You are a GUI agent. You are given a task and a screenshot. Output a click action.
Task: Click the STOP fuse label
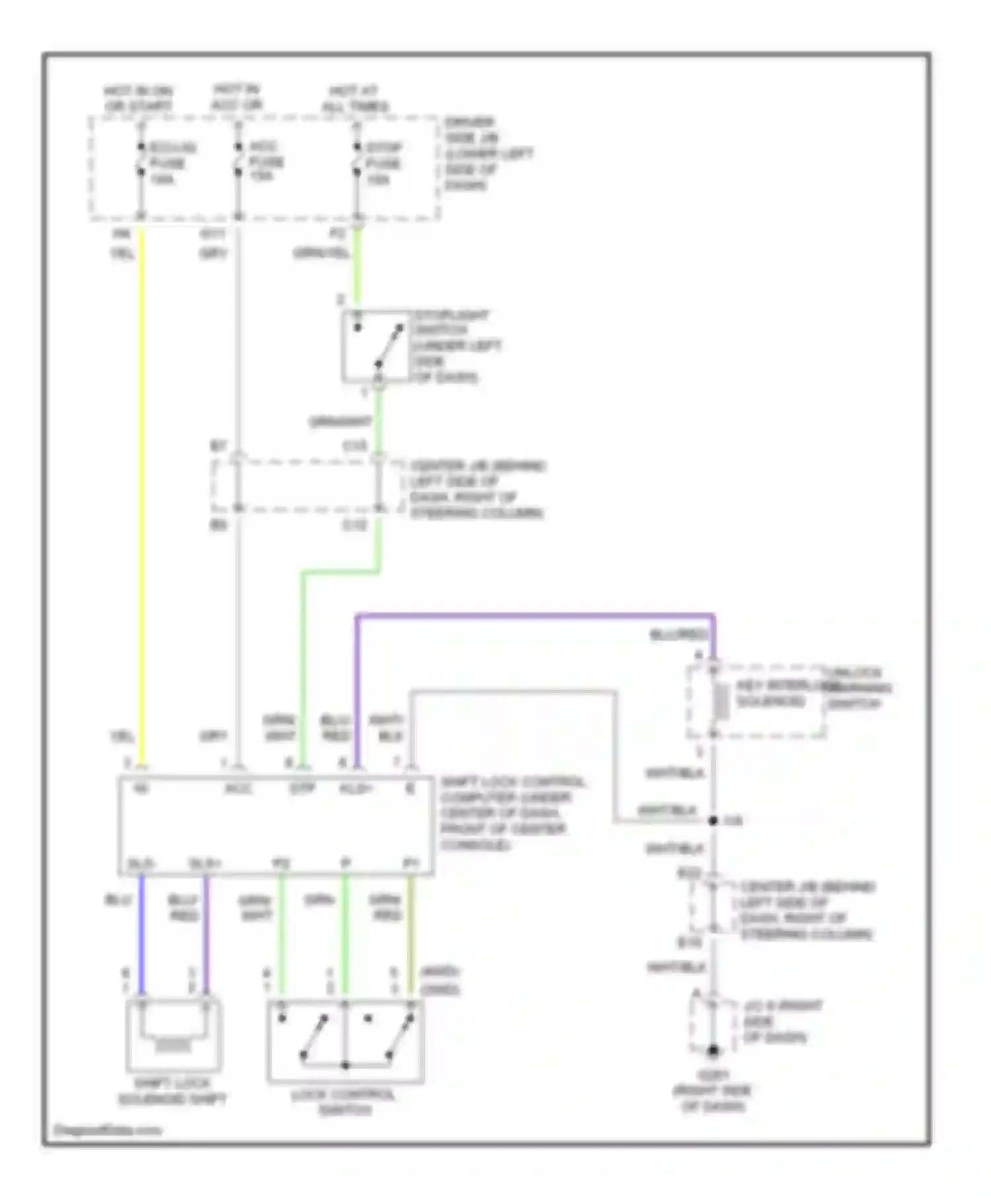(x=383, y=163)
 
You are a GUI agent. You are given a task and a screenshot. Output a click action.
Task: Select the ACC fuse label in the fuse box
(x=266, y=161)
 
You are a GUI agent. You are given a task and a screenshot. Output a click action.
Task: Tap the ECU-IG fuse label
(x=170, y=163)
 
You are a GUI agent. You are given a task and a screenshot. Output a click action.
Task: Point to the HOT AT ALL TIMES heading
(x=355, y=98)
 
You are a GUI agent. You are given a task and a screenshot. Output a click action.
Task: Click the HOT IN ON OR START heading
(x=138, y=98)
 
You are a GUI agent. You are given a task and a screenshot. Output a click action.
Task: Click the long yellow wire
(x=141, y=496)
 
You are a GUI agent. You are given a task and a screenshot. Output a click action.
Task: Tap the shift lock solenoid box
(x=173, y=1035)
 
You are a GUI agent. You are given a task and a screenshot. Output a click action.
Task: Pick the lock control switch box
(x=345, y=1042)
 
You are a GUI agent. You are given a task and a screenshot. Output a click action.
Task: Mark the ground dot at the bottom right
(x=713, y=1050)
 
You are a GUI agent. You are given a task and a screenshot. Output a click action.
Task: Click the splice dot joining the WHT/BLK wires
(x=713, y=821)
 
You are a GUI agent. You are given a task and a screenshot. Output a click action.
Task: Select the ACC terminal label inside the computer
(x=238, y=789)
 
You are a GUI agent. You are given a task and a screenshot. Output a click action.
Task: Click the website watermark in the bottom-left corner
(x=107, y=1130)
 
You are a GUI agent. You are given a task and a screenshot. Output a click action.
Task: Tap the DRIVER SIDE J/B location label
(x=487, y=153)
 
